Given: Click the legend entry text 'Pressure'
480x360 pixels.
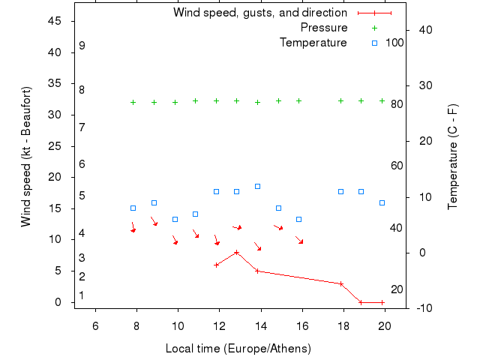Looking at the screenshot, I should click(324, 28).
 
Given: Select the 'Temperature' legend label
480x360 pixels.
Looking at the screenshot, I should click(313, 43).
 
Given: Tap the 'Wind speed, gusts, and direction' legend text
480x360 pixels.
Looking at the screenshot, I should click(260, 13).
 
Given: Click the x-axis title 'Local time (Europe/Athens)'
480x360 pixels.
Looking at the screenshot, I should click(238, 349).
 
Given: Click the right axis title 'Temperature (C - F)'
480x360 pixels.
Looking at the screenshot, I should click(453, 157).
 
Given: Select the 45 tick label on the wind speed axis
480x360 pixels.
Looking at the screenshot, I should click(54, 21).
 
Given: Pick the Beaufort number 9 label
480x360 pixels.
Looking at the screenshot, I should click(82, 46).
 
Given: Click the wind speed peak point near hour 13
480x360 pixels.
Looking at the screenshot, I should click(237, 252).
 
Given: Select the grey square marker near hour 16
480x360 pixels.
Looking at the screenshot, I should click(298, 219).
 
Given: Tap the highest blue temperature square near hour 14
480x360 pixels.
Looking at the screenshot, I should click(257, 186).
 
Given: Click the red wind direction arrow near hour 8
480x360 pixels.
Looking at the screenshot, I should click(133, 227).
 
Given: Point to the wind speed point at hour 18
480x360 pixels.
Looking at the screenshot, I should click(340, 283).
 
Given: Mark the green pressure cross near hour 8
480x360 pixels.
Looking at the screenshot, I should click(133, 102).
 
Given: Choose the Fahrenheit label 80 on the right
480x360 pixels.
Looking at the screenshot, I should click(397, 104).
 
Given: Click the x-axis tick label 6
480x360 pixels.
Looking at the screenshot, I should click(95, 325).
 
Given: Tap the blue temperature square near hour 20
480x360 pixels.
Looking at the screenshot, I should click(382, 202).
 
